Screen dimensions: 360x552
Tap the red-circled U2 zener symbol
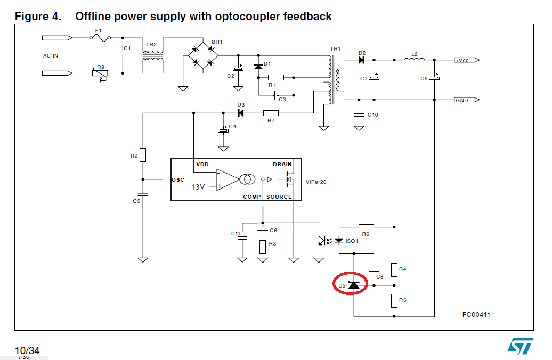coord(354,285)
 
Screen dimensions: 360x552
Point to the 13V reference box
coord(198,186)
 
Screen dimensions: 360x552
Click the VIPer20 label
coord(316,182)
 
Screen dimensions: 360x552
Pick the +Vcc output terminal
coord(466,60)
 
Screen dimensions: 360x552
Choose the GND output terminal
coord(466,100)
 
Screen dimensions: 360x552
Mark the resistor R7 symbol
coord(271,113)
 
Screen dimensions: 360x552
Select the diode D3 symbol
coord(241,113)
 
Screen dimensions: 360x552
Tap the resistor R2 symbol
coord(143,156)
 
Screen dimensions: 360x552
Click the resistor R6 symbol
coord(366,226)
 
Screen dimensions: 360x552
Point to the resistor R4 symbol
coord(395,269)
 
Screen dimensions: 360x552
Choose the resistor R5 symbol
coord(395,300)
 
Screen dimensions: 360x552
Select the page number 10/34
coord(27,350)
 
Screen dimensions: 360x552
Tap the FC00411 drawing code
coord(476,315)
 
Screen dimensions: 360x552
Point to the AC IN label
coord(51,56)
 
